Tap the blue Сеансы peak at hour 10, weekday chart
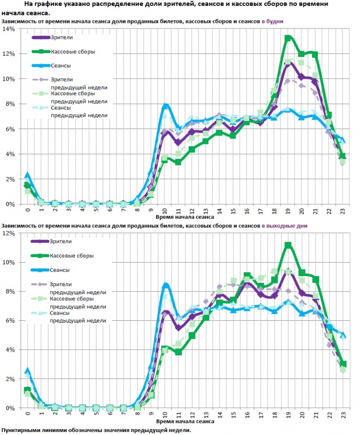(x=166, y=105)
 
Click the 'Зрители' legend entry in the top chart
(x=62, y=37)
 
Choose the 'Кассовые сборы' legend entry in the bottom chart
(x=72, y=256)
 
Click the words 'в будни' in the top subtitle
(x=272, y=21)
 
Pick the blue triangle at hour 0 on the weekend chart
(x=28, y=370)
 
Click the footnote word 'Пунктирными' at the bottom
(x=21, y=430)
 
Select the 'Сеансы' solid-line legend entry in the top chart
(x=60, y=66)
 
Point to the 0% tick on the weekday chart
(x=10, y=204)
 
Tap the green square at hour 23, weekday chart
(x=343, y=156)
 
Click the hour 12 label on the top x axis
(x=192, y=211)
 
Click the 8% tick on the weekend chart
(x=10, y=291)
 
